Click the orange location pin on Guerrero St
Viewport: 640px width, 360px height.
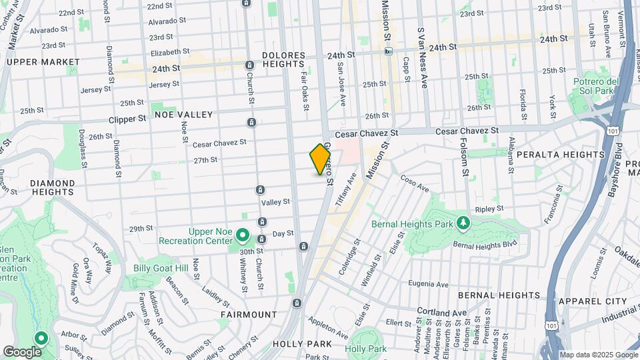320,159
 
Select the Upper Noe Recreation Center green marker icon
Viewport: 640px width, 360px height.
243,235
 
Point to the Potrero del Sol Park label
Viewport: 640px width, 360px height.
593,86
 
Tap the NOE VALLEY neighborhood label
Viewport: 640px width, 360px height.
183,115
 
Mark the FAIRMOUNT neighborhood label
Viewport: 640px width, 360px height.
249,314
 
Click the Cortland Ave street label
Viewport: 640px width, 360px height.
442,312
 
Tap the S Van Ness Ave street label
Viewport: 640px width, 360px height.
421,58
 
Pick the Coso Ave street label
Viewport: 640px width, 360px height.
415,183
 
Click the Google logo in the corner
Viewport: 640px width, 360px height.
22,351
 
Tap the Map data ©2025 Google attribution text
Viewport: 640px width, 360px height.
598,355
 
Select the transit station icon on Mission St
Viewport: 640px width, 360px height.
388,51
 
